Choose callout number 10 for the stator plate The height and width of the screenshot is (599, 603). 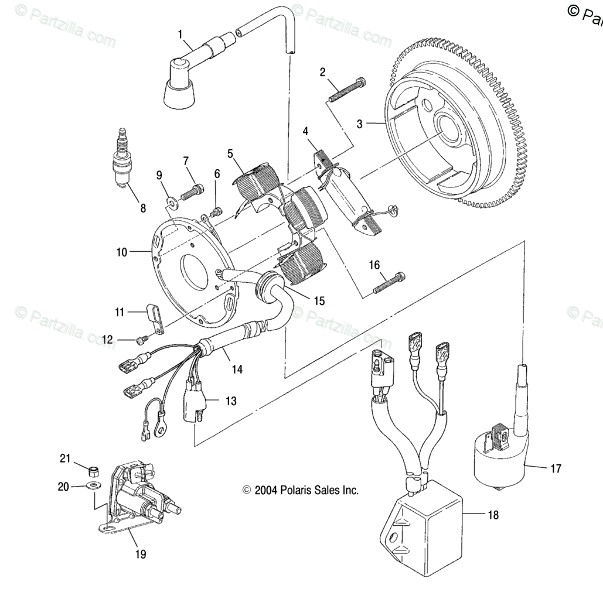[x=122, y=252]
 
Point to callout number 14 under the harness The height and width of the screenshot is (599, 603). [x=237, y=369]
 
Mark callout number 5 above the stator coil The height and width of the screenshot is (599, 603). [x=230, y=154]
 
